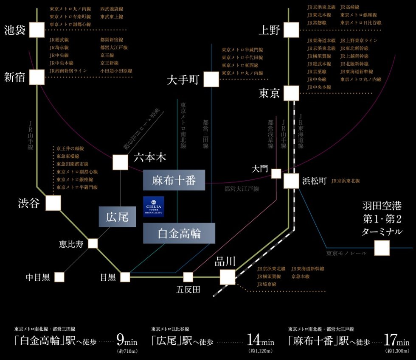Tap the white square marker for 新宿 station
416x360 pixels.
[37, 77]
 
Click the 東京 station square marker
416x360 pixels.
[291, 93]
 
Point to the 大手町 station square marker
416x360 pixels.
[211, 79]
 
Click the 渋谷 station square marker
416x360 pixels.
[53, 203]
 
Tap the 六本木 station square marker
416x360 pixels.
[120, 162]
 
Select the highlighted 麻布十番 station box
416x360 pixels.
[174, 181]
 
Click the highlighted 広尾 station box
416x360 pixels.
[117, 217]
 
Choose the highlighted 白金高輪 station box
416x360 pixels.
[179, 234]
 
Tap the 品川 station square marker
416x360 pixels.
[228, 277]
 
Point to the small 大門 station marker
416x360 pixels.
[276, 173]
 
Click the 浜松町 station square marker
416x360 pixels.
[291, 181]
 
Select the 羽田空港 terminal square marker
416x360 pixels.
[382, 248]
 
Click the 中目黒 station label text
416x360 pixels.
[38, 277]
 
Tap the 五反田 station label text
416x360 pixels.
[188, 290]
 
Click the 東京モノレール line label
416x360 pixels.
[347, 253]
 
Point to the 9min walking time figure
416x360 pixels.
[126, 341]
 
